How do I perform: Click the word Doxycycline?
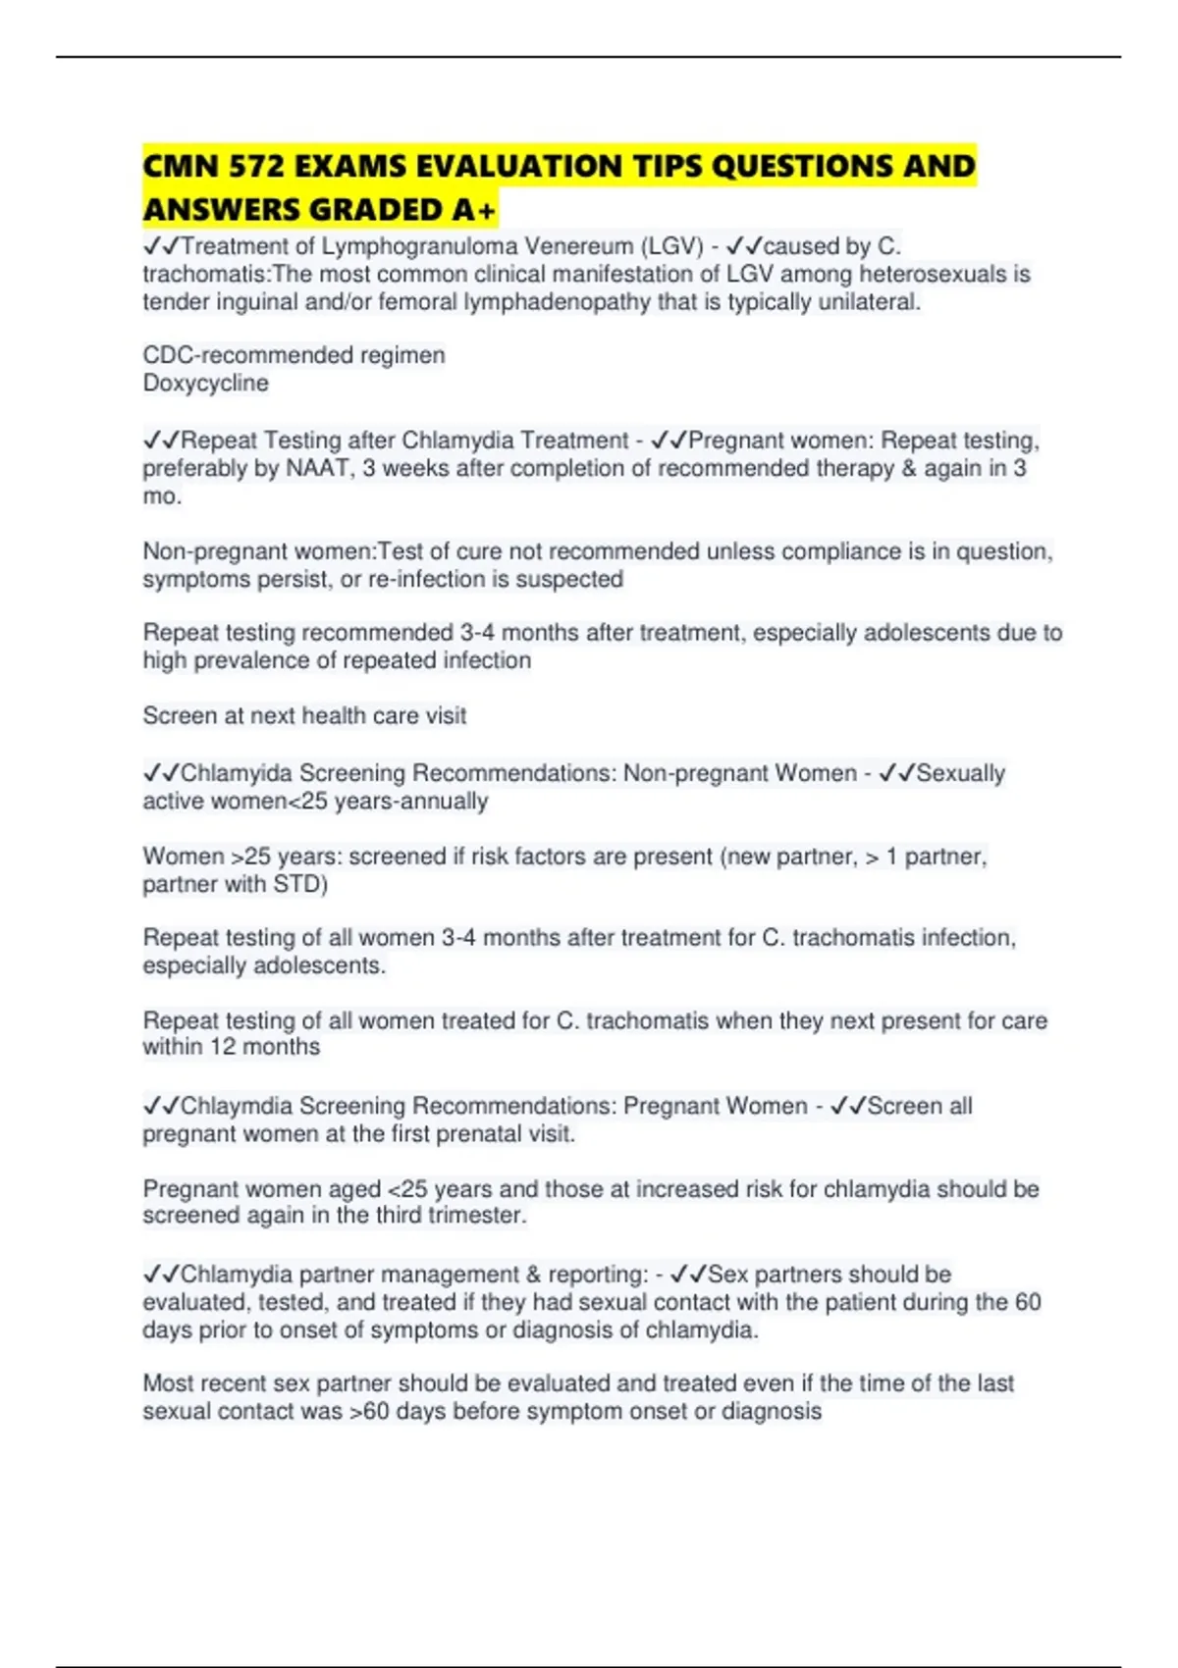[x=205, y=383]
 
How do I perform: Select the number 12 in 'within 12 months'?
[x=223, y=1047]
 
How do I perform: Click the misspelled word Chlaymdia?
[x=237, y=1106]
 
